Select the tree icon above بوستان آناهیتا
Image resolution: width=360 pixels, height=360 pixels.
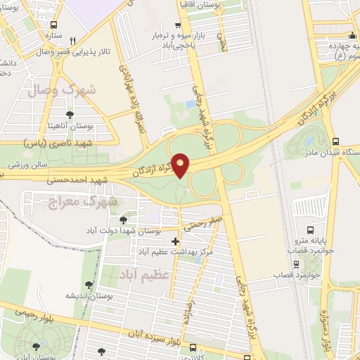coord(70,115)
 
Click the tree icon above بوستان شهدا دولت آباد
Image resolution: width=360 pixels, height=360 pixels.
coord(123,220)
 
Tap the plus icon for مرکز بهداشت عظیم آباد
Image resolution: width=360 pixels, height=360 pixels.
coord(175,241)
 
